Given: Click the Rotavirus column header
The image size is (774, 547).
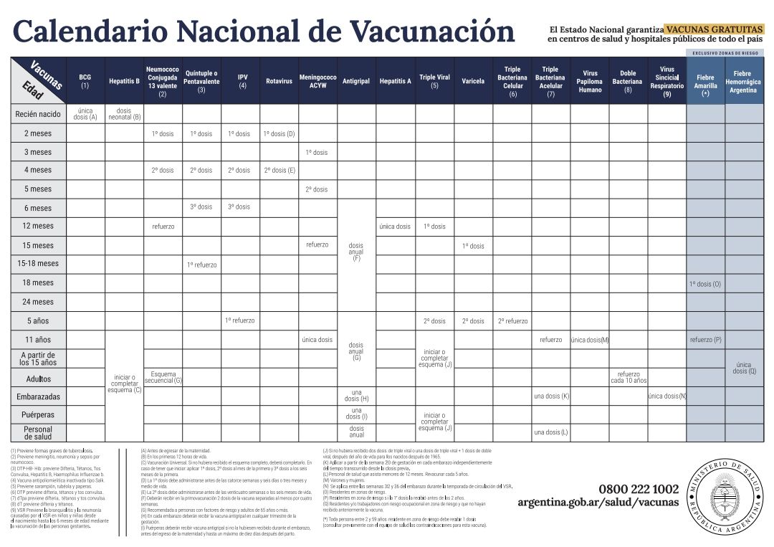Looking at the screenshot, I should click(x=279, y=81).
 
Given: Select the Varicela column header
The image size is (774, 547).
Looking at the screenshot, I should click(x=473, y=81).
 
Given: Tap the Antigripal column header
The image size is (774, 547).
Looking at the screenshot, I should click(x=356, y=81).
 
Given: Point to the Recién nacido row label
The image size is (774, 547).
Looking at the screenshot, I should click(x=38, y=114).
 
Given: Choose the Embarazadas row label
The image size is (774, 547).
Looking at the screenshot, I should click(x=38, y=396).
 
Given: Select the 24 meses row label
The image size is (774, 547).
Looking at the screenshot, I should click(x=38, y=302).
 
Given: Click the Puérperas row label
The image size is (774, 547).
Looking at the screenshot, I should click(x=38, y=415).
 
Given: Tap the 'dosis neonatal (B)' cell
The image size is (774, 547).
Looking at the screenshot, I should click(x=124, y=114).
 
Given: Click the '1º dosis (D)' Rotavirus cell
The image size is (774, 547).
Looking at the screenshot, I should click(x=279, y=133).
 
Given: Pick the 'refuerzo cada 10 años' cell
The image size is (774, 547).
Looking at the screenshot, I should click(x=629, y=377).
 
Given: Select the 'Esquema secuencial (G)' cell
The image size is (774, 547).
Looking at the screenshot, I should click(x=163, y=377).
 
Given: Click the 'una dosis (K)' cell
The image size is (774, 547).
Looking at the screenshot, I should click(x=551, y=396).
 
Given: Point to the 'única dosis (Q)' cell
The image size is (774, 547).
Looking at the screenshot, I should click(x=744, y=368).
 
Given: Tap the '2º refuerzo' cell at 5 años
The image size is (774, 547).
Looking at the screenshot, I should click(x=512, y=321).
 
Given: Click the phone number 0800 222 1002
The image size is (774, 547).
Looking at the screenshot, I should click(x=638, y=489).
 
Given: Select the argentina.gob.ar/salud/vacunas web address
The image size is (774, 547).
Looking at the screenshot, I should click(x=598, y=503).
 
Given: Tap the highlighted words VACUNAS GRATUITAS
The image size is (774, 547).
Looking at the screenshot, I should click(x=713, y=29).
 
